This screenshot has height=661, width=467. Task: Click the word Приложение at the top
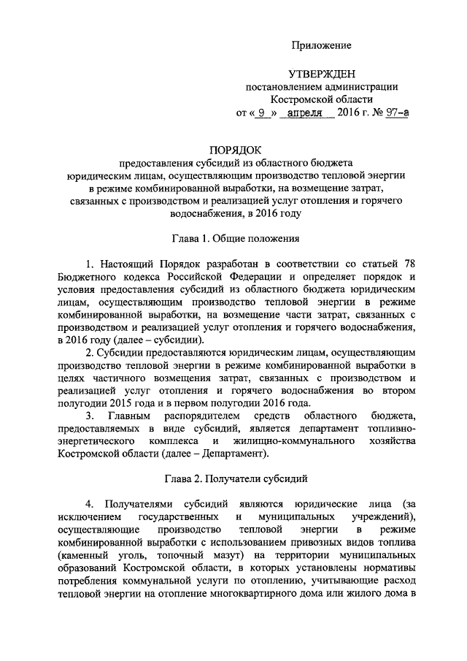pyautogui.click(x=322, y=45)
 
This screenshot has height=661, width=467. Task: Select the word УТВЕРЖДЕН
pyautogui.click(x=322, y=74)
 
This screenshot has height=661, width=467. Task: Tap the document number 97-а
pyautogui.click(x=397, y=114)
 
